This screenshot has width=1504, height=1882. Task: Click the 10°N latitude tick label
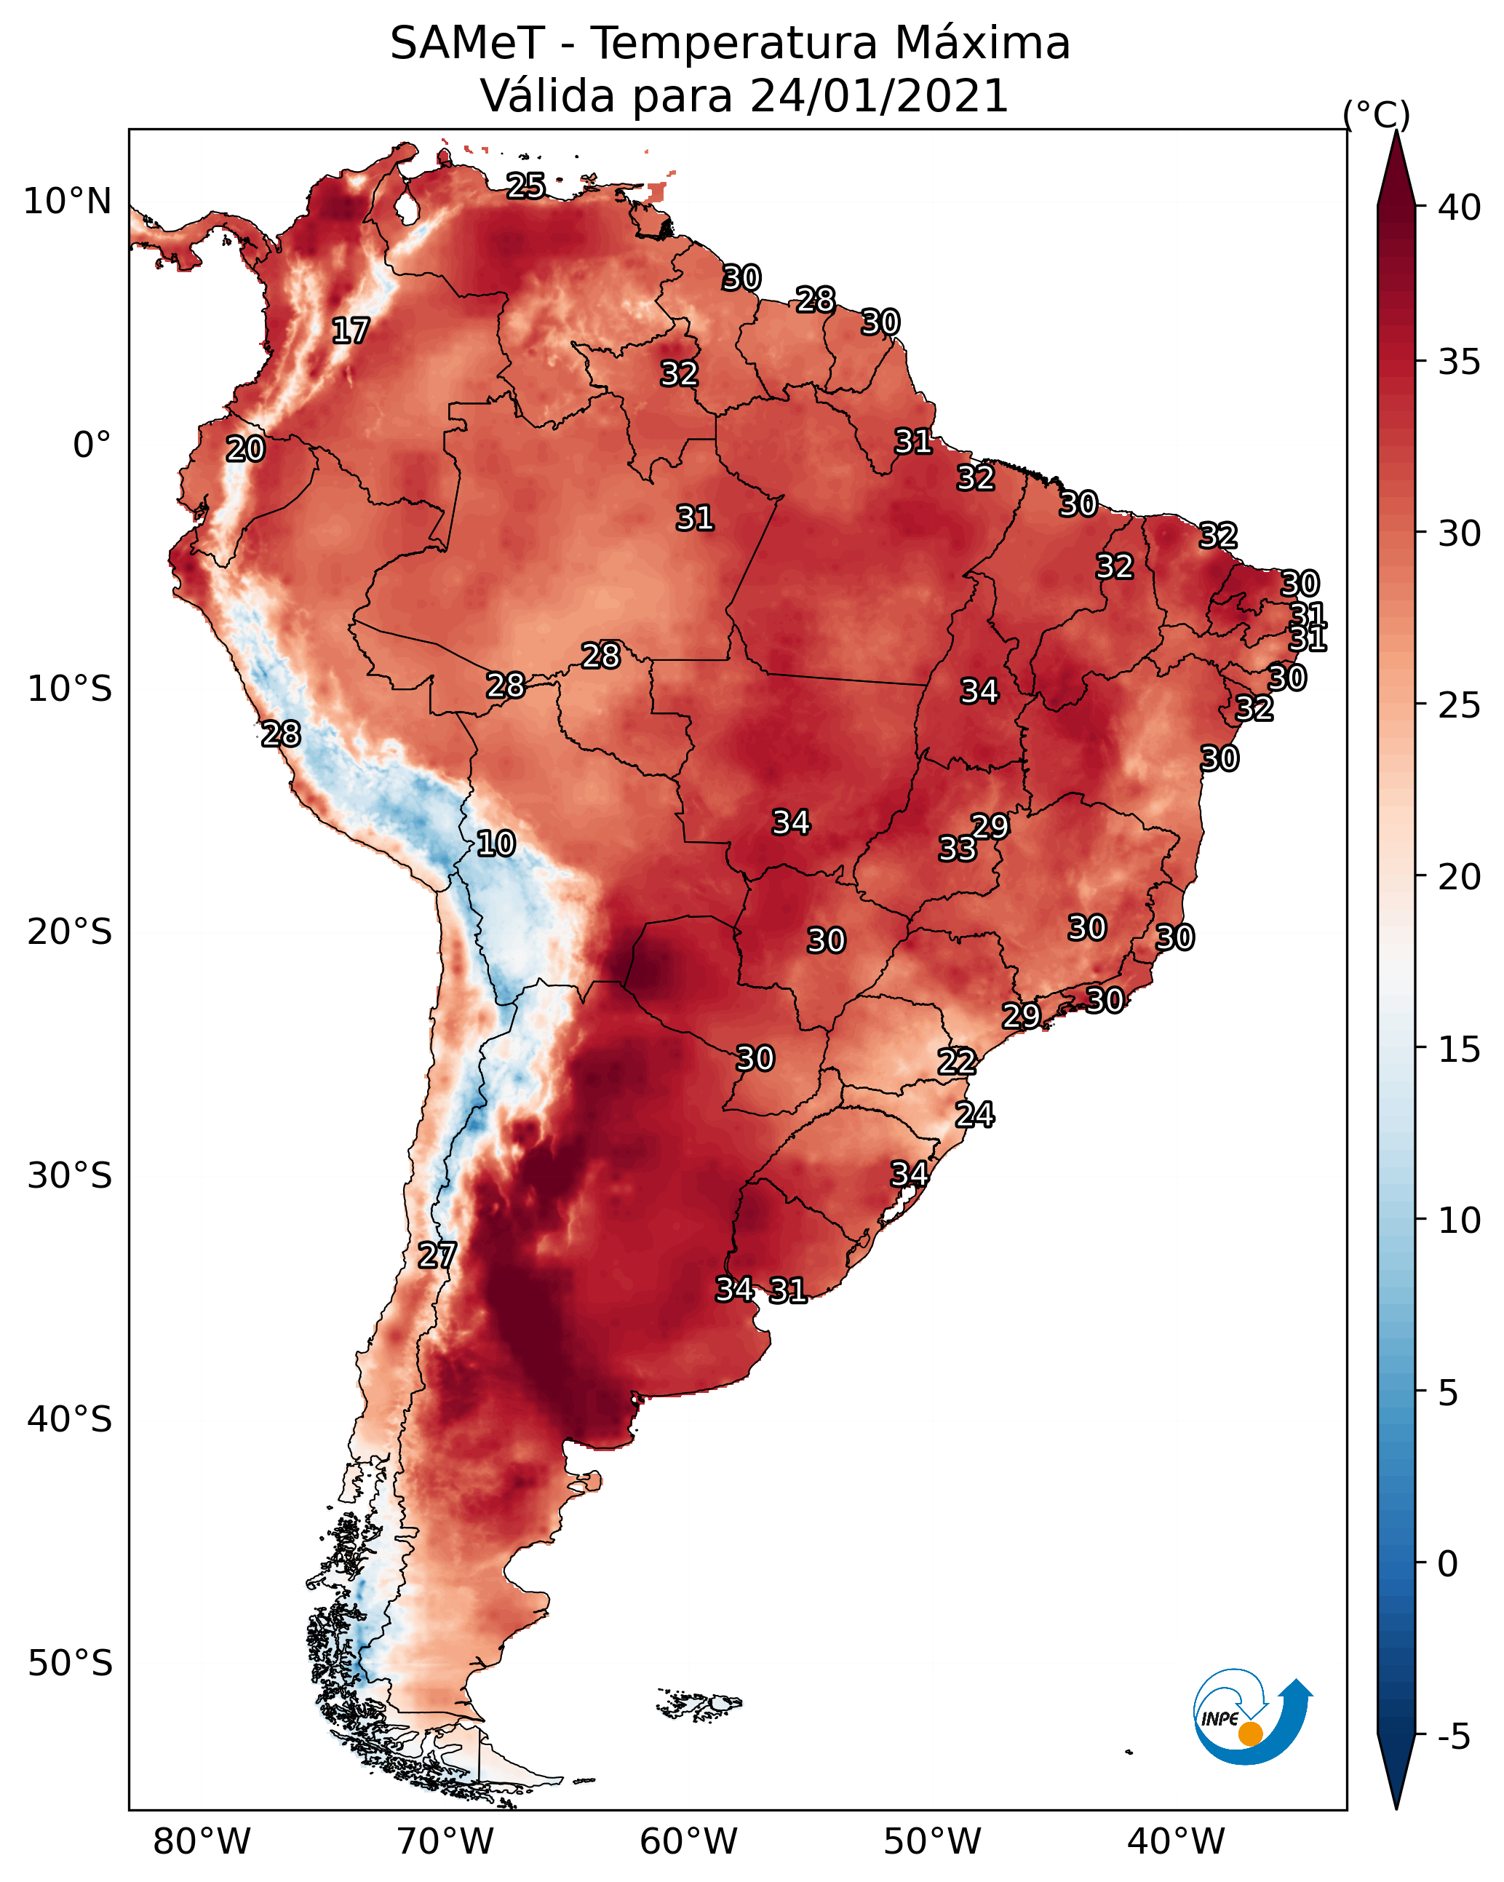tap(67, 202)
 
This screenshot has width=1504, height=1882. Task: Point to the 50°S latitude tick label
tap(70, 1664)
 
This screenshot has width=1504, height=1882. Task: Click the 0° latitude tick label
tap(92, 445)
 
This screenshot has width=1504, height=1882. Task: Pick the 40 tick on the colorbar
tap(1460, 207)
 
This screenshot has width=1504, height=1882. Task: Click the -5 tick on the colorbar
tap(1455, 1737)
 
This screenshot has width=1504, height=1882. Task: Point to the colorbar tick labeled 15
tap(1460, 1049)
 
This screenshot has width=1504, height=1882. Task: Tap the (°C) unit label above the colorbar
tap(1377, 114)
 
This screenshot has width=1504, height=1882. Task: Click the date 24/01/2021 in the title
tap(879, 95)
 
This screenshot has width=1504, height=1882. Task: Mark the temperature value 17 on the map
tap(351, 331)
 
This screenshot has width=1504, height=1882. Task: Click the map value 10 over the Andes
tap(496, 843)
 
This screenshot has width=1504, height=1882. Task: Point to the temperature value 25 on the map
tap(526, 186)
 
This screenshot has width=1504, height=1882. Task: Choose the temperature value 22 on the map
tap(957, 1063)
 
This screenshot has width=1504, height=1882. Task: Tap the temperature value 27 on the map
tap(437, 1256)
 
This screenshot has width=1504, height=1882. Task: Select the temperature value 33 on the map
tap(958, 849)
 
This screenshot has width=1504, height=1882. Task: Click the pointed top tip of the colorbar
tap(1396, 131)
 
